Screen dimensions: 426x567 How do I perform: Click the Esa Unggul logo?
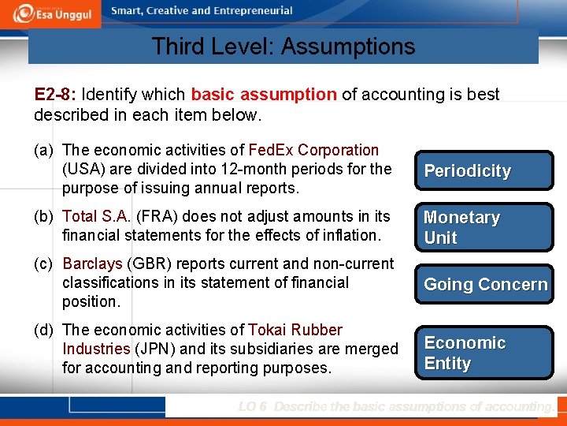tap(53, 14)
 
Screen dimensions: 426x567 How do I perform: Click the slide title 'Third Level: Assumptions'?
tap(283, 47)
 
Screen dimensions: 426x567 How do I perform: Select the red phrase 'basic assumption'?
tap(264, 95)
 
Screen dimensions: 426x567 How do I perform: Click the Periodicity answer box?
tap(484, 170)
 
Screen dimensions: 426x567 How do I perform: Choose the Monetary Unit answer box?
tap(484, 227)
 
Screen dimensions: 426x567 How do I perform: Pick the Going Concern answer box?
tap(484, 285)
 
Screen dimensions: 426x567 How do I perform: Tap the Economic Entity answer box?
tap(484, 353)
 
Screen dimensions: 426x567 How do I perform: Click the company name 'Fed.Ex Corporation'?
tap(313, 150)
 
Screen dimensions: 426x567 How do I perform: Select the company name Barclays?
tap(92, 263)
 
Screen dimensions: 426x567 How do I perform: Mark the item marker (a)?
tap(44, 150)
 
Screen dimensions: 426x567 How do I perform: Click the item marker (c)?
tap(44, 263)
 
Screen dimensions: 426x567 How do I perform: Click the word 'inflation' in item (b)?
tap(350, 235)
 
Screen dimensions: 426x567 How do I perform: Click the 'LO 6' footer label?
tap(253, 407)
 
